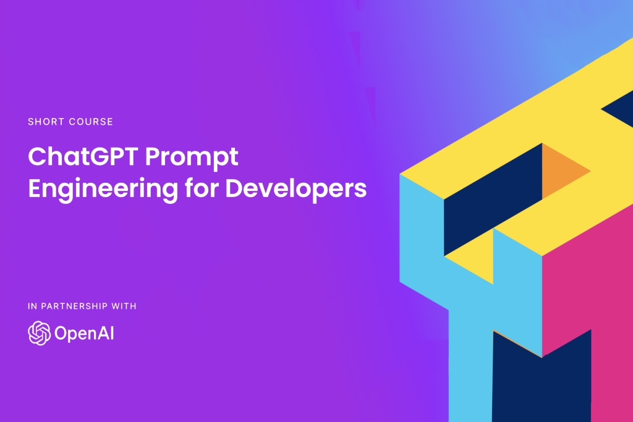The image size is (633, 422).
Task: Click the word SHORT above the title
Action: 46,122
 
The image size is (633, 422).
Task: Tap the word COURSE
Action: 91,122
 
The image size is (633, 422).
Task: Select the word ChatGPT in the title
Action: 83,156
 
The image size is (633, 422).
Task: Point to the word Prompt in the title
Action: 192,159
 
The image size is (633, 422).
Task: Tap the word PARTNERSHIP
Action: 74,306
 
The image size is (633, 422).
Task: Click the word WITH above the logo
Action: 124,306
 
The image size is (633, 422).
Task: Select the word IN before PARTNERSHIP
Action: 32,306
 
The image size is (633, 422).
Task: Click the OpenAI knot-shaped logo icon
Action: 39,333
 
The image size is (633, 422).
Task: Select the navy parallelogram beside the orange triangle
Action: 493,200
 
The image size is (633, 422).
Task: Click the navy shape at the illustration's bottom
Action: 542,383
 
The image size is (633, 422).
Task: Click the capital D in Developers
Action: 234,188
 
